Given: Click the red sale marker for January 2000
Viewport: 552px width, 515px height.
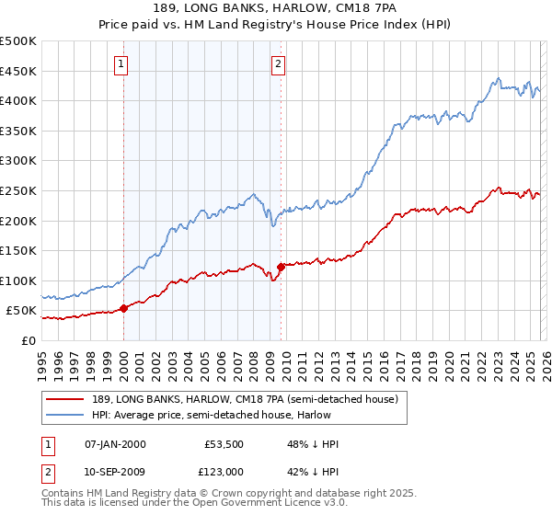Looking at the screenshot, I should click(x=124, y=308).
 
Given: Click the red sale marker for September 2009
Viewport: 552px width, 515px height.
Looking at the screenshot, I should click(x=281, y=267).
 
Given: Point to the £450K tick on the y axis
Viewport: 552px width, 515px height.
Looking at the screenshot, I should click(x=18, y=71).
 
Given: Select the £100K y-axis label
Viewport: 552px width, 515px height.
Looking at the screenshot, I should click(x=18, y=280).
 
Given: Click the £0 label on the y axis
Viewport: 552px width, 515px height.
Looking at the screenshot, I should click(x=29, y=340).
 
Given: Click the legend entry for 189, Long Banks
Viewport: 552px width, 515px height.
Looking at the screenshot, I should click(x=244, y=399).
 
